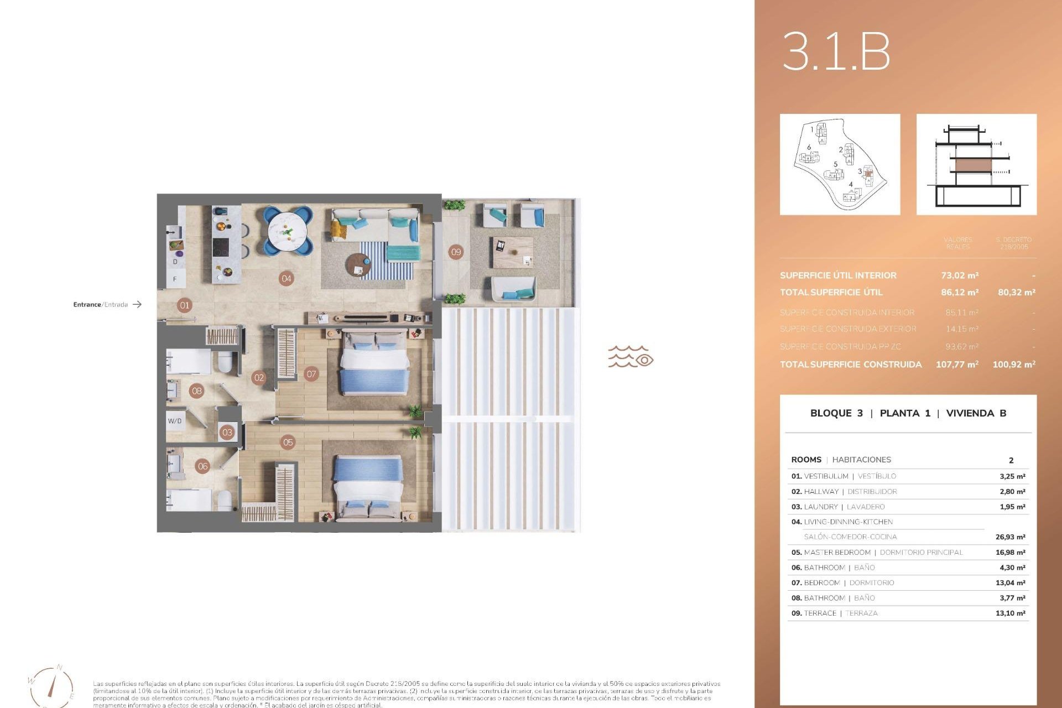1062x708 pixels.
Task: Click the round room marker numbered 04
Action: coord(286,279)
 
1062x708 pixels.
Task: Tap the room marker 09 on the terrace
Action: coord(456,252)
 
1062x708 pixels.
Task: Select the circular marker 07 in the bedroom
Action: coord(311,374)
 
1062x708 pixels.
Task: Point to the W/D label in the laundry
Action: coord(175,421)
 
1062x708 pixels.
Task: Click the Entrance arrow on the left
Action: coord(137,304)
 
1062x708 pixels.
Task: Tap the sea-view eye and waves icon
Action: coord(631,357)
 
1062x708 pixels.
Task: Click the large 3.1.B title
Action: coord(836,51)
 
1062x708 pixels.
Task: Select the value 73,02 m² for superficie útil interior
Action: coord(960,275)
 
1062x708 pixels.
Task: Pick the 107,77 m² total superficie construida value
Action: coord(957,365)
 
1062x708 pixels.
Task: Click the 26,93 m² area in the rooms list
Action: coord(1010,537)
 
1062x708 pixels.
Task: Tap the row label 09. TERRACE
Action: coord(814,613)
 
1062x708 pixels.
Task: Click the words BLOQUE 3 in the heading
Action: coord(836,413)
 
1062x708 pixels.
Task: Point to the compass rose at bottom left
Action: coord(51,686)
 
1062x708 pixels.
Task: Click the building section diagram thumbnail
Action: coord(976,164)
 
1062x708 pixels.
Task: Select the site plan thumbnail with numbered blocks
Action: coord(840,164)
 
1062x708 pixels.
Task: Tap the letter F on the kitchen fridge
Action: coord(175,279)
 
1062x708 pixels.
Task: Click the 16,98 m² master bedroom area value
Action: coord(1010,553)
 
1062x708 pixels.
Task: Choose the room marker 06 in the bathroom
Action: coord(203,466)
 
